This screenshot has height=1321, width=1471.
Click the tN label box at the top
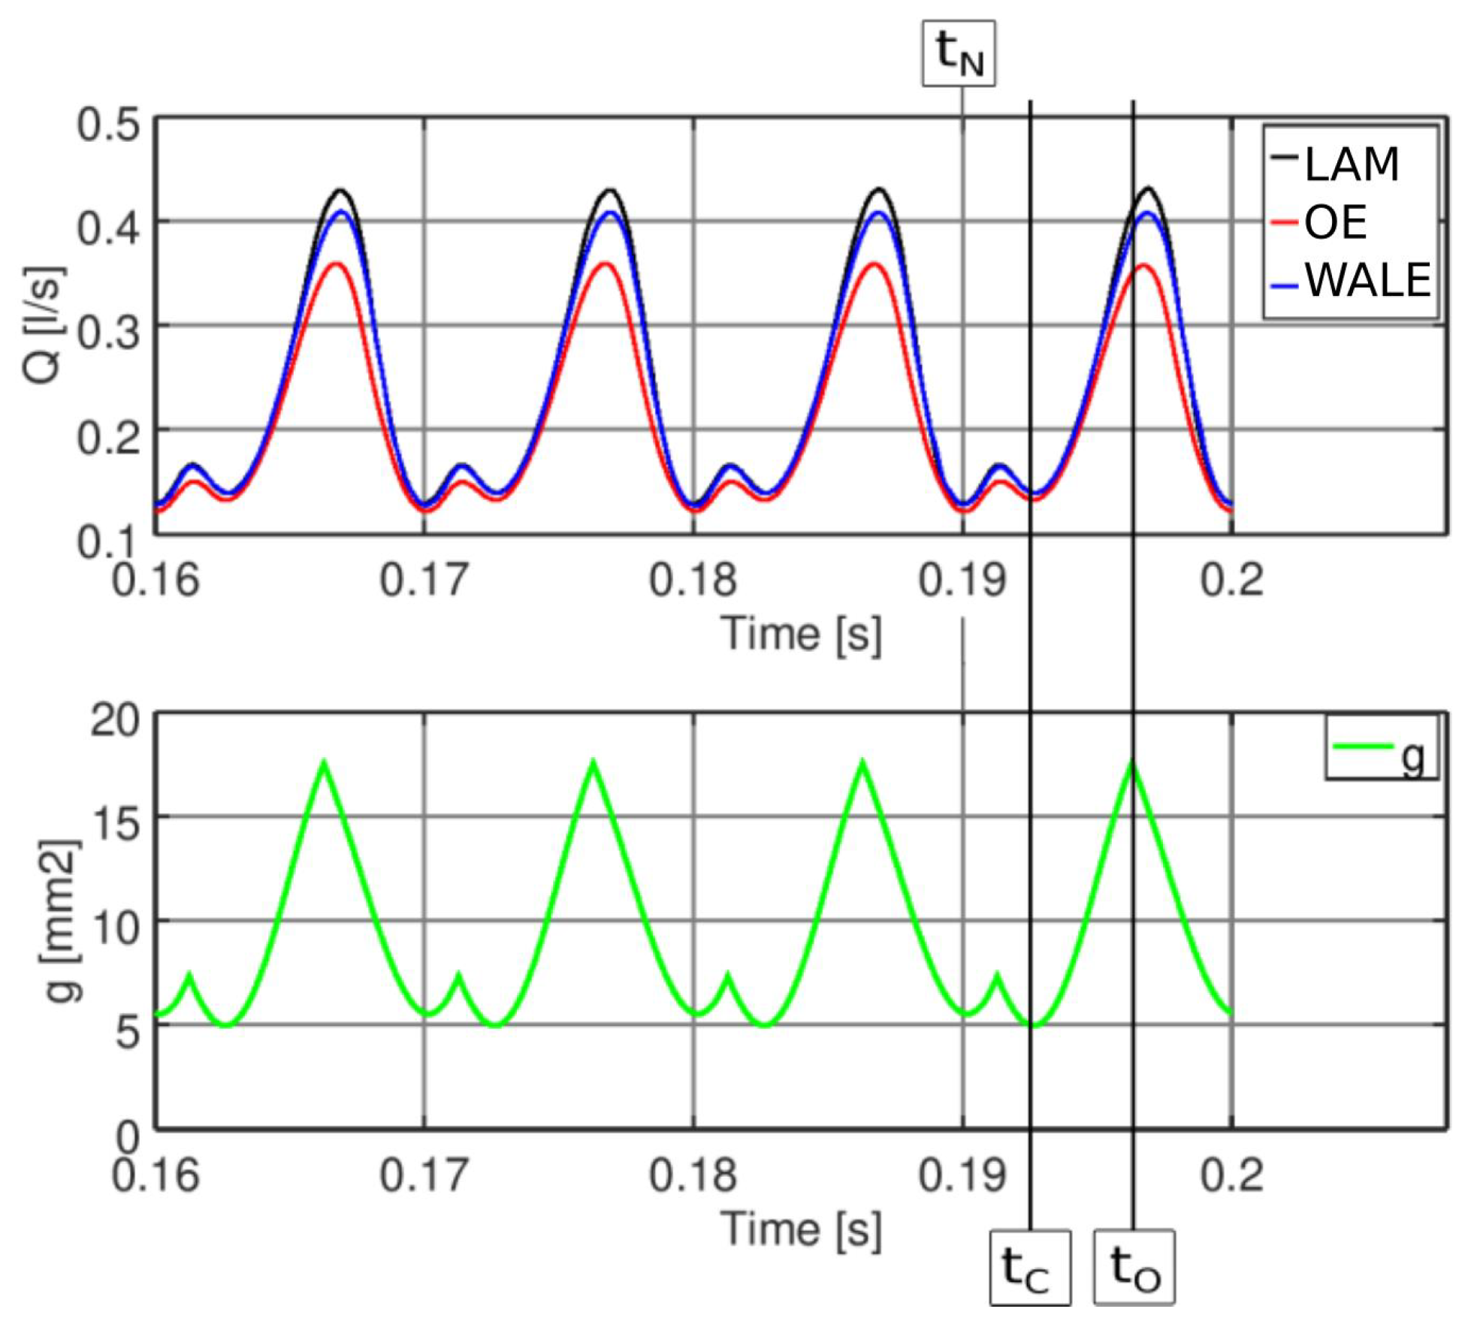959,53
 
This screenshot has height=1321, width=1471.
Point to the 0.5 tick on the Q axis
108,124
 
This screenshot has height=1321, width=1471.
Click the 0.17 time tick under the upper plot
424,580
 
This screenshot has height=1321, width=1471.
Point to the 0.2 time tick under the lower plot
1231,1175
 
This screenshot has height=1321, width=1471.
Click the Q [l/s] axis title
44,324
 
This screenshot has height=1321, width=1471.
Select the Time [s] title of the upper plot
801,633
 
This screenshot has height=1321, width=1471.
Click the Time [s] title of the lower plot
801,1229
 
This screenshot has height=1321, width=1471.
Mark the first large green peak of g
324,763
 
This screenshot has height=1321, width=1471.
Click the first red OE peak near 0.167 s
337,264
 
